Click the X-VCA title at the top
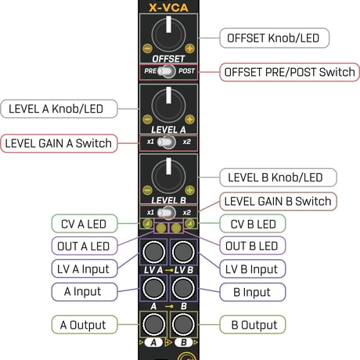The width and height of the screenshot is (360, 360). click(x=167, y=9)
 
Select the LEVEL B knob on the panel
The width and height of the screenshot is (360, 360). click(x=167, y=172)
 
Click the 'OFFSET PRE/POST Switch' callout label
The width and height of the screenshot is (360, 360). click(x=290, y=72)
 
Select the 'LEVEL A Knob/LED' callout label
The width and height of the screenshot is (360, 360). click(x=59, y=108)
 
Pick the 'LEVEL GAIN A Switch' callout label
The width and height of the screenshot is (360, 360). click(x=59, y=143)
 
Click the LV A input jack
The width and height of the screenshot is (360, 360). click(x=153, y=251)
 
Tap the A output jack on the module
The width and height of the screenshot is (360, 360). click(x=153, y=324)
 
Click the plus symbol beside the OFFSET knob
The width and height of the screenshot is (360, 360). click(x=189, y=49)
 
